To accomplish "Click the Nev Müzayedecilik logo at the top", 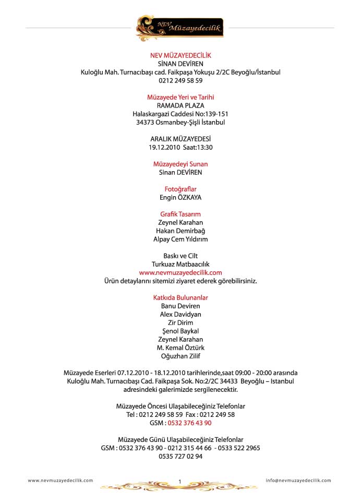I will click(x=179, y=28).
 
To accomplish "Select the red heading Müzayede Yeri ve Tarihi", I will click(x=181, y=97).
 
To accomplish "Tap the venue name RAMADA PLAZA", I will click(x=181, y=105).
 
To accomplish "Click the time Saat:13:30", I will click(x=197, y=147).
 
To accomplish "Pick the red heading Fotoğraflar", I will click(x=181, y=189).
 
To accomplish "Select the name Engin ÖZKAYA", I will click(x=181, y=197).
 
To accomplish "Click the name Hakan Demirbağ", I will click(x=181, y=231).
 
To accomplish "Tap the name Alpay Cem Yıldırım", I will click(x=181, y=239).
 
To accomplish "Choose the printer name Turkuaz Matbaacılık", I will click(x=181, y=264).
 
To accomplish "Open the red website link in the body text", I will click(x=181, y=272).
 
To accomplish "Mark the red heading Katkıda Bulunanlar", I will click(x=181, y=297).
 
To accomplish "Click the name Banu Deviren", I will click(x=181, y=306).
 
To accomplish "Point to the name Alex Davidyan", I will click(x=181, y=314).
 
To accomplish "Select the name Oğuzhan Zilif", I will click(x=181, y=356).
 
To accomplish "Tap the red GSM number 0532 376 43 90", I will click(x=189, y=423).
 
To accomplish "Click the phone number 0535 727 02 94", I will click(x=181, y=456).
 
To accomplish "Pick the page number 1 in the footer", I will click(x=179, y=481).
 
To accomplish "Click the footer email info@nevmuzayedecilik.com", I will click(x=298, y=481).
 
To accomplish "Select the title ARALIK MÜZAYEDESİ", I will click(x=181, y=139).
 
